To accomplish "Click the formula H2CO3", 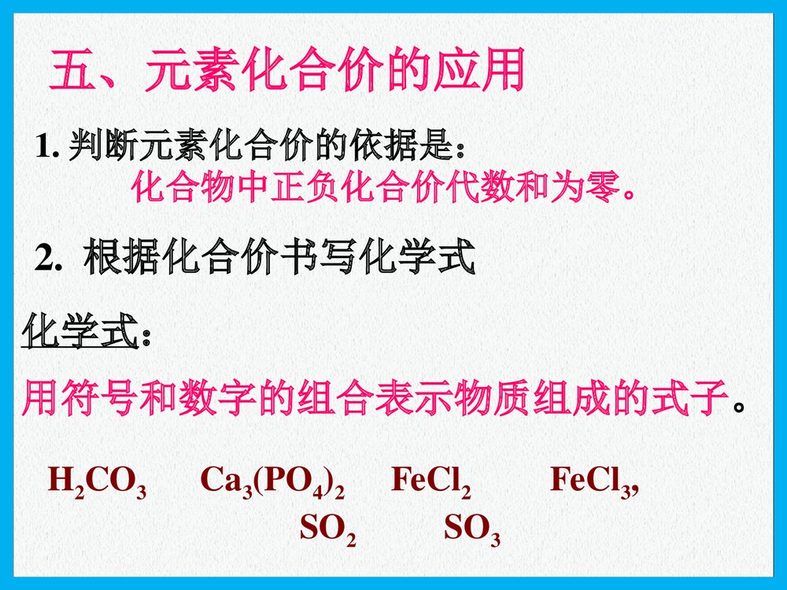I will (x=97, y=482).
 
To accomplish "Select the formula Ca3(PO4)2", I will (x=272, y=482).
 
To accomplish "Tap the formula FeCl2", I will (x=430, y=482).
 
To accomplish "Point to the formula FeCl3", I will (x=590, y=482).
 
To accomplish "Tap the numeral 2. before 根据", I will (x=49, y=259).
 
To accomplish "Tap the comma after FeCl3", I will (x=634, y=489).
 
